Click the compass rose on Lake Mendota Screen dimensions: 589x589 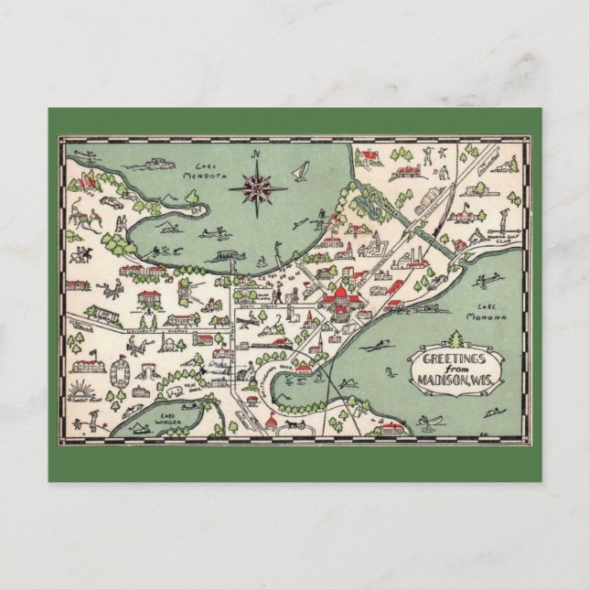(258, 187)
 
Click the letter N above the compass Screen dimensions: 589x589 (258, 155)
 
